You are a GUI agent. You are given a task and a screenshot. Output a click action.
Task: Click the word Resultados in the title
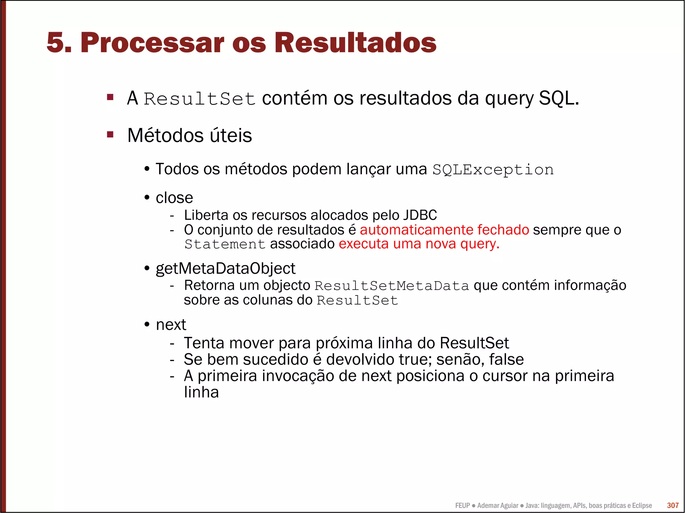click(355, 43)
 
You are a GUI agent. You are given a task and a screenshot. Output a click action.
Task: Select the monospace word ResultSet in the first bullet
click(200, 99)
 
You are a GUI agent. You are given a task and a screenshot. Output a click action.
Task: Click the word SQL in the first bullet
click(558, 99)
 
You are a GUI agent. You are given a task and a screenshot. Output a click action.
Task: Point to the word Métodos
click(165, 135)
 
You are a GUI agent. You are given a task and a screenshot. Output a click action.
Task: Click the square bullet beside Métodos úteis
click(110, 135)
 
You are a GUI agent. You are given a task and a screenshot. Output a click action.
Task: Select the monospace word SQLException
click(493, 170)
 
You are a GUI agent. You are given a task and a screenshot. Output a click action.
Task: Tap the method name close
click(174, 198)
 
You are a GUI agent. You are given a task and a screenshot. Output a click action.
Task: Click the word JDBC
click(420, 215)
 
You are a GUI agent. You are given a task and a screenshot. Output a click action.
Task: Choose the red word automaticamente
click(416, 230)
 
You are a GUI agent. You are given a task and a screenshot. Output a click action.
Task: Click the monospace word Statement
click(225, 244)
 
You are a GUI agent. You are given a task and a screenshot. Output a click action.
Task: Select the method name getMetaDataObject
click(225, 268)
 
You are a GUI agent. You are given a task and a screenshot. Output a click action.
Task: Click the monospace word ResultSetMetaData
click(392, 286)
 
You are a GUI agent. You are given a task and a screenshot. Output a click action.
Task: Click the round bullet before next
click(147, 325)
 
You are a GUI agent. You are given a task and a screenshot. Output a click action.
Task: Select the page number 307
click(673, 505)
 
